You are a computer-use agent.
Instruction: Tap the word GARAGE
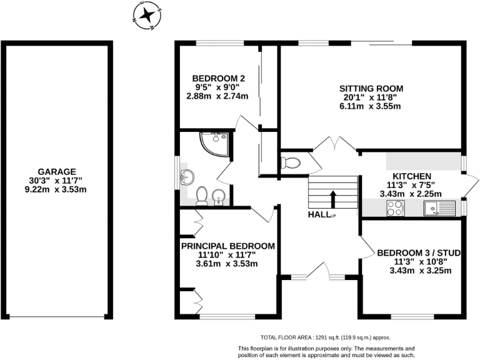coord(56,171)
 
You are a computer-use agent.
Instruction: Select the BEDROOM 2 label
coord(217,78)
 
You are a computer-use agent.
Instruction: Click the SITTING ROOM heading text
coord(371,87)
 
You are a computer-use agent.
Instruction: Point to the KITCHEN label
coord(411,176)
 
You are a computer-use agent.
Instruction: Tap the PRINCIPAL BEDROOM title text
coord(227,246)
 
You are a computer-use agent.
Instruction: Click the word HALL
coord(319,214)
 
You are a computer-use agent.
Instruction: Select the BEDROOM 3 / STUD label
coord(419,252)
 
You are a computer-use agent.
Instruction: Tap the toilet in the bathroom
coord(202,197)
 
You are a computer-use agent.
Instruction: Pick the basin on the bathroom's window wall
coord(186,175)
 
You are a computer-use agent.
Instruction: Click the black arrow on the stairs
coord(332,199)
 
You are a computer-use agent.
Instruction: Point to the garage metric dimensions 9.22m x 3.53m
coord(56,189)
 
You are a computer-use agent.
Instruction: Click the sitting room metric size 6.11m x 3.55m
coord(371,106)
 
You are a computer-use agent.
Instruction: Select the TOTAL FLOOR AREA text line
coord(326,336)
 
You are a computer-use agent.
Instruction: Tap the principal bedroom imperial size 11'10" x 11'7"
coord(227,255)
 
